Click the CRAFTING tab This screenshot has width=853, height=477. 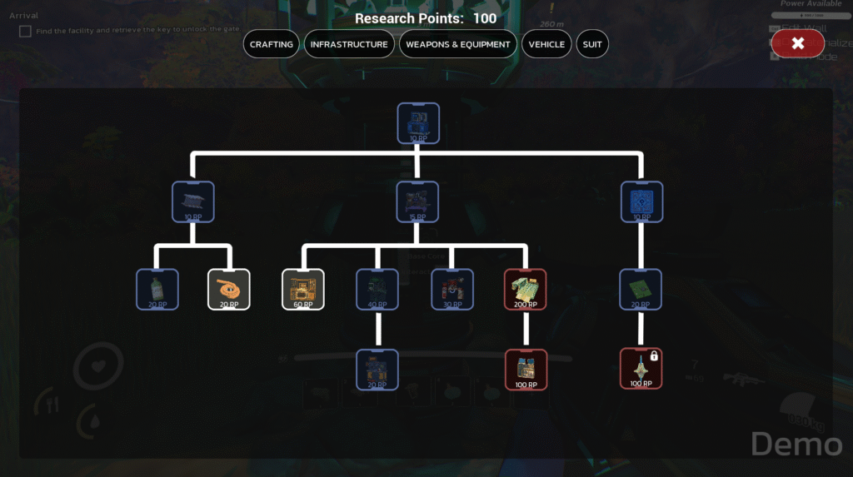pyautogui.click(x=272, y=44)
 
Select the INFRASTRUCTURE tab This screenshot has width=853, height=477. pyautogui.click(x=349, y=44)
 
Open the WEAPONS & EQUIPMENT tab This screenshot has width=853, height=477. pyautogui.click(x=458, y=44)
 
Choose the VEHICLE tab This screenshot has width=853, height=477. pyautogui.click(x=546, y=44)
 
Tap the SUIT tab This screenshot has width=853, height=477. pyautogui.click(x=592, y=44)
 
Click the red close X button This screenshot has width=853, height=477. pyautogui.click(x=797, y=43)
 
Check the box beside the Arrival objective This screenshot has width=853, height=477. pyautogui.click(x=26, y=31)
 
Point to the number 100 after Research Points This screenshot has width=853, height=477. pyautogui.click(x=484, y=18)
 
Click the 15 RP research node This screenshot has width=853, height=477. pyautogui.click(x=418, y=201)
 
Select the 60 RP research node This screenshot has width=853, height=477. pyautogui.click(x=303, y=289)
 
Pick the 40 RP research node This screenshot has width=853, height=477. pyautogui.click(x=377, y=289)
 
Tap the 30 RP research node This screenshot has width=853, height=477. pyautogui.click(x=452, y=289)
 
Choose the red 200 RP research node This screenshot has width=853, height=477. pyautogui.click(x=526, y=289)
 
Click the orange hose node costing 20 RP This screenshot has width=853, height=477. pyautogui.click(x=228, y=289)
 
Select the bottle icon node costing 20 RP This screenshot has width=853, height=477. pyautogui.click(x=157, y=289)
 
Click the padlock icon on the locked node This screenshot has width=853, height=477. pyautogui.click(x=654, y=356)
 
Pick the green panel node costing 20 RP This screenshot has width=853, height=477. pyautogui.click(x=641, y=289)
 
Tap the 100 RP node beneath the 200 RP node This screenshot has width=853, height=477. pyautogui.click(x=526, y=369)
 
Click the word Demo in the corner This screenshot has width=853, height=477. pyautogui.click(x=796, y=444)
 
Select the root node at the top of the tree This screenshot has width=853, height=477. pyautogui.click(x=418, y=122)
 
